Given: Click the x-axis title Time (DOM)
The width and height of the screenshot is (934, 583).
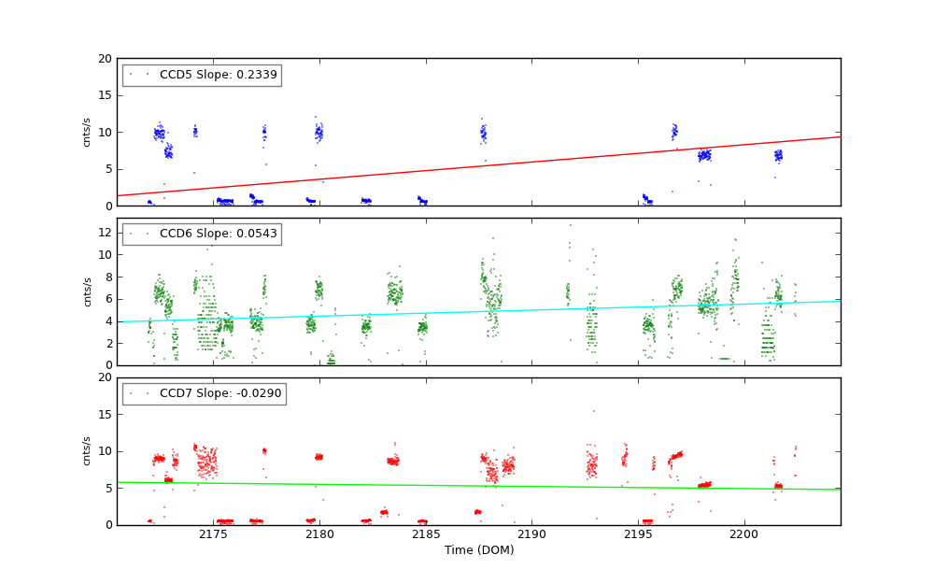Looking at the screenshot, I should [x=478, y=550].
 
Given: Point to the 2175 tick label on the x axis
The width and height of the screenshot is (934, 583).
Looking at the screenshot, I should [x=213, y=534].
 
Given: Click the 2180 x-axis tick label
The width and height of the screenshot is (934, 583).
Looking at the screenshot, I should [x=319, y=534].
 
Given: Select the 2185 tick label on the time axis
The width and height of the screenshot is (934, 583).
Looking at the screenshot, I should [x=426, y=534].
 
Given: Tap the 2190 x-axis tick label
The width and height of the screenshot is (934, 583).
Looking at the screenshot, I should [x=531, y=534].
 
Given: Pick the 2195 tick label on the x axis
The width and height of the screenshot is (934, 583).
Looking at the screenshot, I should [x=638, y=534].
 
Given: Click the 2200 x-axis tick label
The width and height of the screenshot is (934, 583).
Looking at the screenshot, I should [x=744, y=534].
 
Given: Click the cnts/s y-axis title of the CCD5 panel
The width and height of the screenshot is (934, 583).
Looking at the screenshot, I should [x=87, y=132].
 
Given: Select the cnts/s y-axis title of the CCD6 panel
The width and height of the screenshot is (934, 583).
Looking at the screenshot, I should [x=87, y=291].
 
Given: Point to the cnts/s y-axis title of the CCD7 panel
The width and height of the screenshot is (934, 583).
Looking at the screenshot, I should [x=87, y=451].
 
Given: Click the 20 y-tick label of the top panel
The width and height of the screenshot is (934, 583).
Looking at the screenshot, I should [x=105, y=59].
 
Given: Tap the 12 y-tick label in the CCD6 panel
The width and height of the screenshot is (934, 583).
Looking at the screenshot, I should [x=105, y=232].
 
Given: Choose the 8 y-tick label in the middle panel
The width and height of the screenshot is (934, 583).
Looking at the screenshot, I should [x=107, y=277].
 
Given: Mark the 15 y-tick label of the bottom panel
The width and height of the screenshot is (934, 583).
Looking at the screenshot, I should [x=105, y=415].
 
